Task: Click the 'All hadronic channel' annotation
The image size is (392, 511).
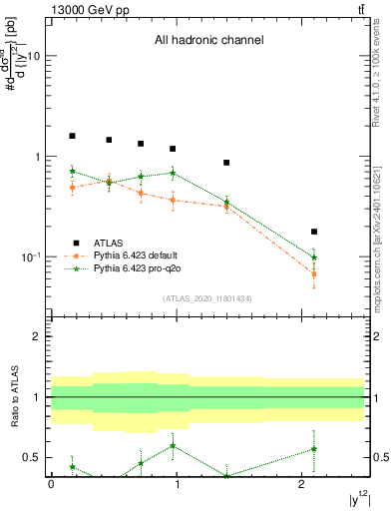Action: point(207,41)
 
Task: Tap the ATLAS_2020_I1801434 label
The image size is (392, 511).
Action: point(206,299)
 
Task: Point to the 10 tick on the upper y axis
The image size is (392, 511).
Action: point(36,57)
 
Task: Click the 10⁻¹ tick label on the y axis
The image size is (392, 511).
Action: point(33,257)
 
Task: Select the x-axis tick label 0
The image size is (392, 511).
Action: point(51,484)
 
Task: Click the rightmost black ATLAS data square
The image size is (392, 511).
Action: point(314,232)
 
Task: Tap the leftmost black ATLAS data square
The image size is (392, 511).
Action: point(72,136)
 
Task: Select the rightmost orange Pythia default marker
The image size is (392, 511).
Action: point(314,273)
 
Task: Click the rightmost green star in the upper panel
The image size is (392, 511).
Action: point(314,257)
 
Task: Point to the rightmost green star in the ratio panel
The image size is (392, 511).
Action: point(314,448)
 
